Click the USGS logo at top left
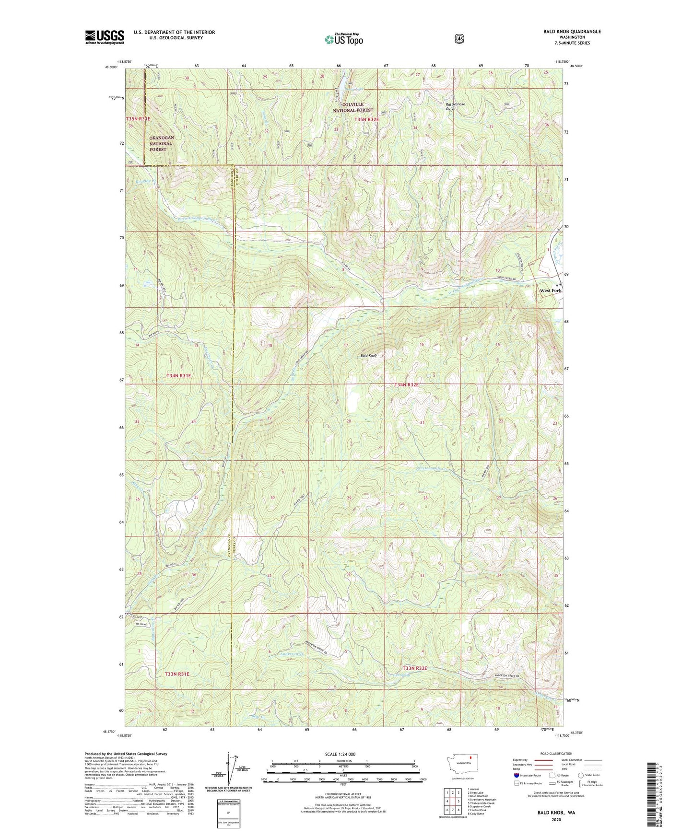pyautogui.click(x=105, y=37)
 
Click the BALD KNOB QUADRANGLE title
pyautogui.click(x=572, y=32)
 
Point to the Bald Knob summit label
pyautogui.click(x=369, y=356)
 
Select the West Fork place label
pyautogui.click(x=550, y=291)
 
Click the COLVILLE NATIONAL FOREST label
pyautogui.click(x=353, y=107)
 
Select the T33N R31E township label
pyautogui.click(x=177, y=674)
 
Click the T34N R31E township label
pyautogui.click(x=178, y=376)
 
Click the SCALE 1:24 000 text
pyautogui.click(x=340, y=755)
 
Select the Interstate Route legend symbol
pyautogui.click(x=516, y=775)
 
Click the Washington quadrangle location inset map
pyautogui.click(x=463, y=776)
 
